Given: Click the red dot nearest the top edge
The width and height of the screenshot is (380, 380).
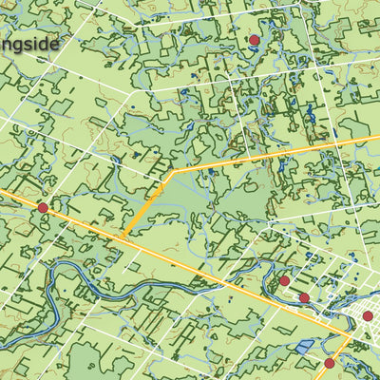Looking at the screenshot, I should pyautogui.click(x=255, y=40).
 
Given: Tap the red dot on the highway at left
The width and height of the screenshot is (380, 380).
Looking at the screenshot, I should pyautogui.click(x=43, y=207).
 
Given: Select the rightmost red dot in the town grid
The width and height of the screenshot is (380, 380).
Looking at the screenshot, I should pyautogui.click(x=368, y=315).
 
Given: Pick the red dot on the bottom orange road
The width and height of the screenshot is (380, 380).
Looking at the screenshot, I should pyautogui.click(x=330, y=363).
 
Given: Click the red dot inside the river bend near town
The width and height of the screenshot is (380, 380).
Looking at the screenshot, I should pyautogui.click(x=284, y=281).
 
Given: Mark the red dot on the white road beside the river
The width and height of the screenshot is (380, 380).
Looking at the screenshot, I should pyautogui.click(x=304, y=298).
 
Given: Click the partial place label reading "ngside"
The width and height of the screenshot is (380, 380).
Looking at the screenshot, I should pyautogui.click(x=28, y=44).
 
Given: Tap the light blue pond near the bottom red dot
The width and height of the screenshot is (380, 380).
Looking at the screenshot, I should pyautogui.click(x=304, y=348).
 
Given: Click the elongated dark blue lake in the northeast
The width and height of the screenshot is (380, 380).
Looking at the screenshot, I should pyautogui.click(x=310, y=116).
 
